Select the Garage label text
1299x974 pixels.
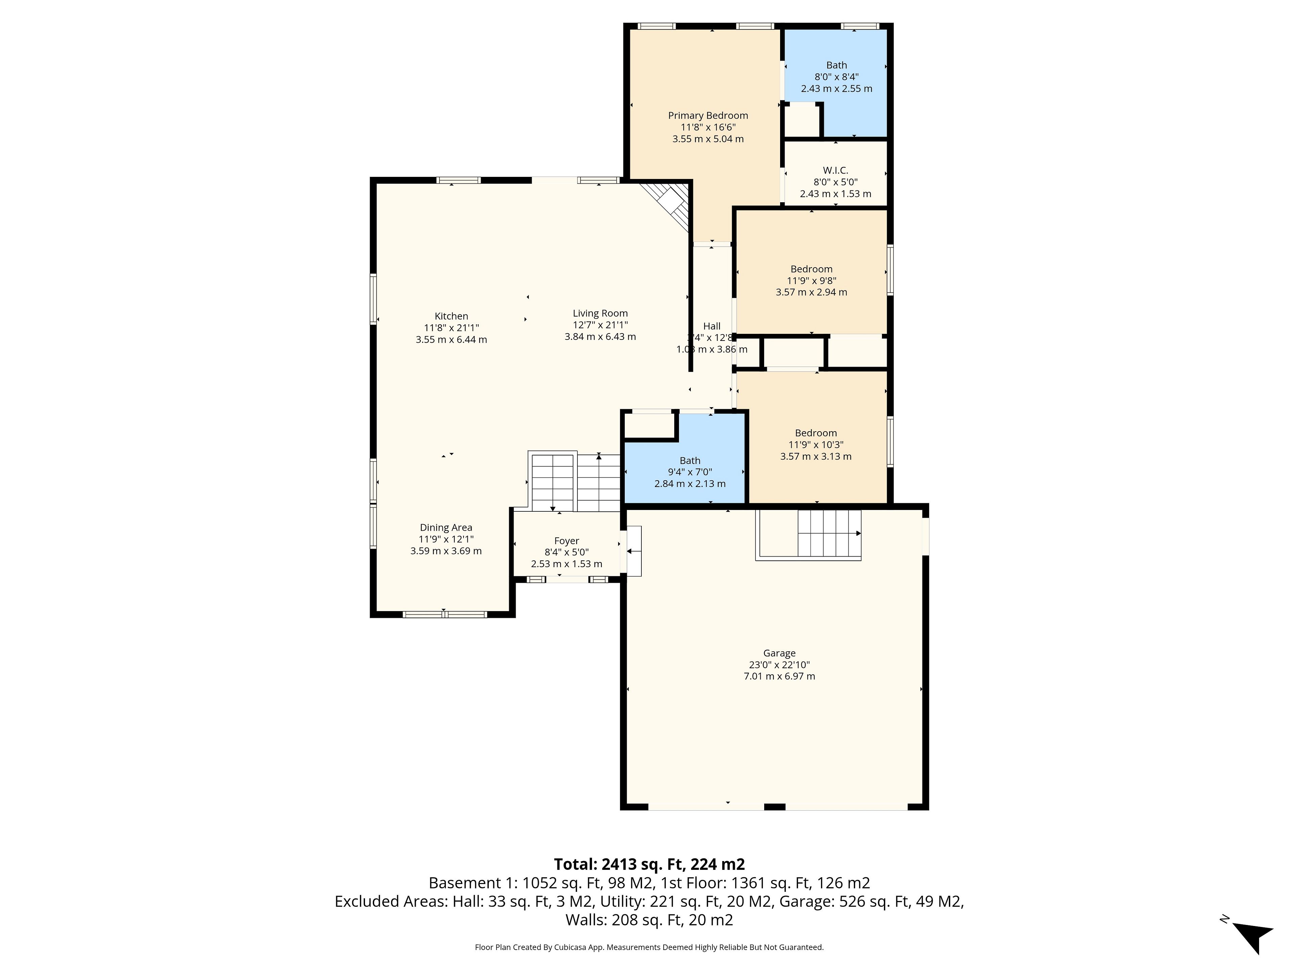779,653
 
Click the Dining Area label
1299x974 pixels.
446,527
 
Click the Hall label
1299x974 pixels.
712,326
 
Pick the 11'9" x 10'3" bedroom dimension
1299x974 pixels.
816,444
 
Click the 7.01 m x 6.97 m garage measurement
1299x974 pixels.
779,676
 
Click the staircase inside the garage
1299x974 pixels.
808,535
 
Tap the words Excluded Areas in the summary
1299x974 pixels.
390,901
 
